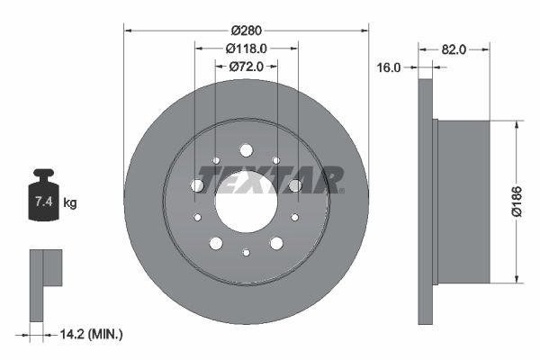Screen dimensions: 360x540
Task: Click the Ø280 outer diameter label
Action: [246, 31]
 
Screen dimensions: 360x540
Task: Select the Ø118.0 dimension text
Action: [246, 49]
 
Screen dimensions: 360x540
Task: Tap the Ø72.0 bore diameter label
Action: [245, 66]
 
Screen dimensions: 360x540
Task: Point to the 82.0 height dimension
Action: [454, 49]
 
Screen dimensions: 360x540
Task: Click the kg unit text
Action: [70, 202]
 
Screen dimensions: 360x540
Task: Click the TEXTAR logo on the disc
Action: [270, 180]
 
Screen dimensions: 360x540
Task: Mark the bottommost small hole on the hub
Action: [246, 253]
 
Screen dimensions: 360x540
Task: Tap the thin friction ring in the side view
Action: [426, 200]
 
